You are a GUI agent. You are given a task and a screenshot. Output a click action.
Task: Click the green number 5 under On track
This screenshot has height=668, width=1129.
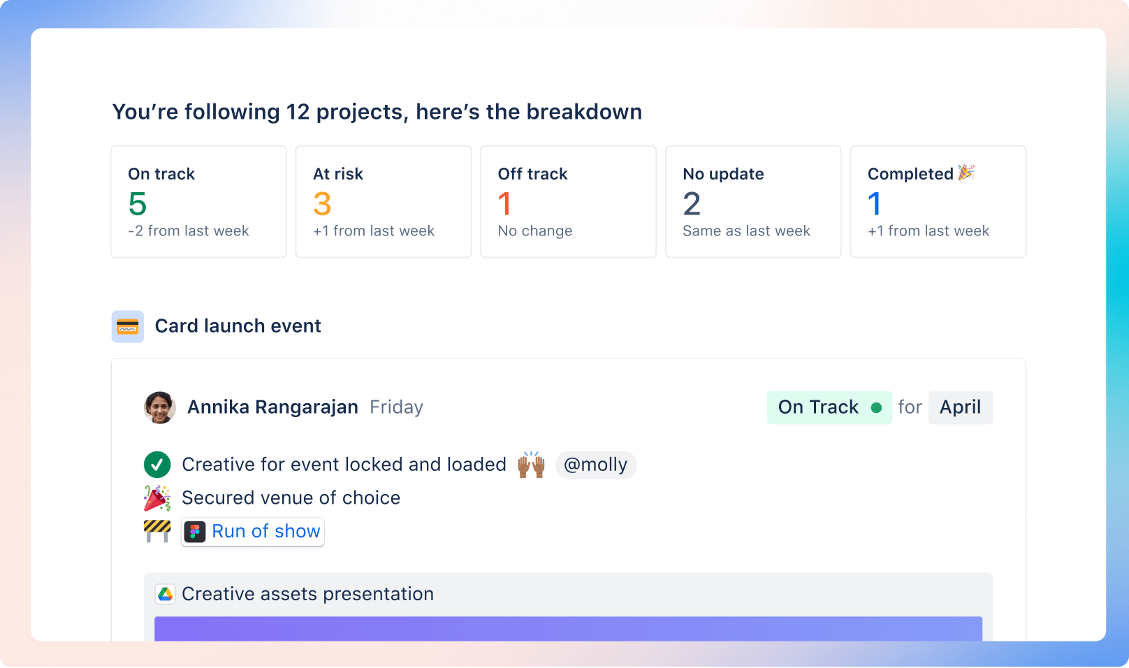(x=138, y=204)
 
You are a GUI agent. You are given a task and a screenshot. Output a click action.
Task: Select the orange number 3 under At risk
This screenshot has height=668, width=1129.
(x=322, y=204)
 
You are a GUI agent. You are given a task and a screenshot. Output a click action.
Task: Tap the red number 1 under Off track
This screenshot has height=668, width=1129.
(x=504, y=204)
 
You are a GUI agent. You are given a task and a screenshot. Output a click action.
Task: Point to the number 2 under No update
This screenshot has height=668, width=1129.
(x=692, y=204)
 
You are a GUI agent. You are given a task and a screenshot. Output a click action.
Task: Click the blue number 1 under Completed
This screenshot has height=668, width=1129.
(x=874, y=204)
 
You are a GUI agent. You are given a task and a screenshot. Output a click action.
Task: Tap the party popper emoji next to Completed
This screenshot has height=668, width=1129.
(x=966, y=173)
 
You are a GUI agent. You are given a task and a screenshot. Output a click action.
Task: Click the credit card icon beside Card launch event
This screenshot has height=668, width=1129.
(x=128, y=326)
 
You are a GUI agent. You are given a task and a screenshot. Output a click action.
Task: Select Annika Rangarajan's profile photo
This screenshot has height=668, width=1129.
(x=159, y=407)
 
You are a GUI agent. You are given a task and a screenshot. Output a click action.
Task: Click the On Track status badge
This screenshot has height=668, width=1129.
(x=829, y=407)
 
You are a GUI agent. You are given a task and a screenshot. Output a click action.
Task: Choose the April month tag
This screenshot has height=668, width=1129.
(x=960, y=407)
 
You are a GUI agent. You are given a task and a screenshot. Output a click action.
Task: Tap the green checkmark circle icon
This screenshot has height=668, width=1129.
(x=157, y=465)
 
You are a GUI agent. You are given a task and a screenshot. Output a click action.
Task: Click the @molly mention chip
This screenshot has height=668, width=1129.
(x=595, y=465)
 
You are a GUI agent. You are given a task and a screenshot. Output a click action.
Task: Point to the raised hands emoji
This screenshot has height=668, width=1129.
(x=531, y=464)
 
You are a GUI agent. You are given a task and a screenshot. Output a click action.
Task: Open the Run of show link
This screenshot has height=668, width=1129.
(x=265, y=532)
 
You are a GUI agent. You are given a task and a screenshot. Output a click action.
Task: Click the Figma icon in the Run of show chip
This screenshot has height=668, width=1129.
(x=195, y=532)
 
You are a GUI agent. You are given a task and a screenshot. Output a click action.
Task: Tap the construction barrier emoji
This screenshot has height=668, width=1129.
(x=157, y=531)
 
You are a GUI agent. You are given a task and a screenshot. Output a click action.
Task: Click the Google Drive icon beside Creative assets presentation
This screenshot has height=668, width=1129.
(x=166, y=594)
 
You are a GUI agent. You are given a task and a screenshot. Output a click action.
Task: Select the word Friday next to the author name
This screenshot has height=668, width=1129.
(x=396, y=407)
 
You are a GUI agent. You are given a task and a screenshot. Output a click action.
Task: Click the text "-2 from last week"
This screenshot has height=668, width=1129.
(x=189, y=231)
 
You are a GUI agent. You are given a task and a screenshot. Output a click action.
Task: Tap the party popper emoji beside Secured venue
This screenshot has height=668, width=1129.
(x=157, y=498)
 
